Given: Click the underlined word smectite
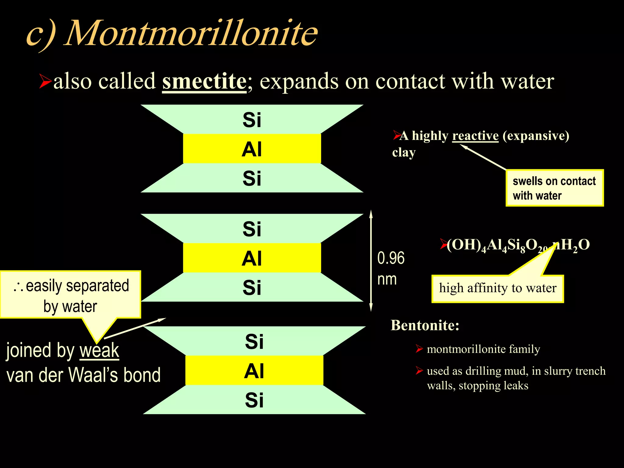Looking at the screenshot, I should [204, 81].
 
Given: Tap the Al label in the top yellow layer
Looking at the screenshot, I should [252, 149].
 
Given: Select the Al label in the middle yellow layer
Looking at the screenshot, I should [252, 258].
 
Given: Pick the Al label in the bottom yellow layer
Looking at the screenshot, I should [254, 371].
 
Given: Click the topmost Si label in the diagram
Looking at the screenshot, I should [252, 120].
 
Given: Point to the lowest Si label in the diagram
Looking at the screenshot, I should [254, 400].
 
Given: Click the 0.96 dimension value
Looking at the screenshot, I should [391, 258].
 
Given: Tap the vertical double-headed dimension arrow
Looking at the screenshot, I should [371, 261].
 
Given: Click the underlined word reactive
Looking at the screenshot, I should [475, 136].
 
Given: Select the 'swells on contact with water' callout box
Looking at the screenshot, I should [555, 188].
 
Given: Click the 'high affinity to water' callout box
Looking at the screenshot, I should [498, 288].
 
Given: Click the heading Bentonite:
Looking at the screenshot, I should [425, 325].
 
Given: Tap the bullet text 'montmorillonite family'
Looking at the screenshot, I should [483, 349].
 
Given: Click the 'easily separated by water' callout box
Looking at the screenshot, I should [71, 295].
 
